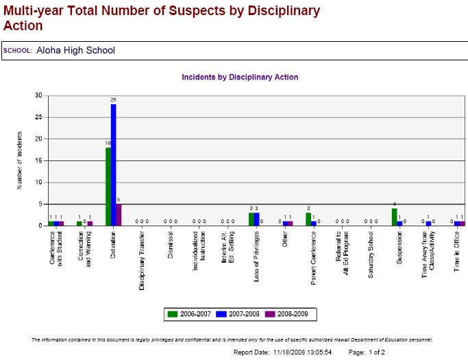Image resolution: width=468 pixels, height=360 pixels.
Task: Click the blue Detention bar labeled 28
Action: point(114,165)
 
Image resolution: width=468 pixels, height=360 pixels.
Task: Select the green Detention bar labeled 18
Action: point(108,187)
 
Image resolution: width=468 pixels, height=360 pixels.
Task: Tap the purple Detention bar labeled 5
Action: point(119,215)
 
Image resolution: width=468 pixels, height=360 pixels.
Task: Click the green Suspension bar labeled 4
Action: point(394,217)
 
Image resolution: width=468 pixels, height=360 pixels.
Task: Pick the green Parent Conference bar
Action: point(308,219)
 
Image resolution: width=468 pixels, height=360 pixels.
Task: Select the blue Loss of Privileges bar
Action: point(256,219)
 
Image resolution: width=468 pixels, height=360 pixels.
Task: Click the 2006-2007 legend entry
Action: point(190,314)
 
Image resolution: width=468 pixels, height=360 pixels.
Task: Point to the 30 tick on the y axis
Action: point(38,95)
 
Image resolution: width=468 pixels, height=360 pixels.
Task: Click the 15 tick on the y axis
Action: point(38,160)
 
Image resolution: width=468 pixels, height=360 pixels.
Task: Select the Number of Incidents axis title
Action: point(21,160)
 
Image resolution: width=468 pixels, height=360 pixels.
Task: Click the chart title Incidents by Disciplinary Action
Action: point(240,77)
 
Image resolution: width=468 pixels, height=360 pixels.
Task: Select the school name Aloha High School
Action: point(75,50)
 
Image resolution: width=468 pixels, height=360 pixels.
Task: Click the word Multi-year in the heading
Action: point(32,11)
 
